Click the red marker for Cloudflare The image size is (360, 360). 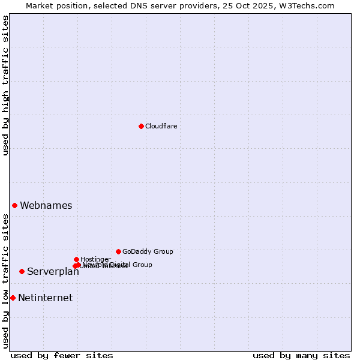tap(141, 126)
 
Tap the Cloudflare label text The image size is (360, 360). tap(161, 126)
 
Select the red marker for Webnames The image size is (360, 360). tap(15, 205)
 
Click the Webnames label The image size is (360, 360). tap(46, 205)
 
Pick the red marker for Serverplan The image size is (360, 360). tap(22, 271)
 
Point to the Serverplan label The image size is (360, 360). tap(53, 271)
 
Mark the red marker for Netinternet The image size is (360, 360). tap(13, 298)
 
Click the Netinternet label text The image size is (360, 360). tap(46, 298)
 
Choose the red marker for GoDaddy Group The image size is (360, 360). tap(118, 251)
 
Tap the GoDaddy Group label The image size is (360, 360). tap(148, 251)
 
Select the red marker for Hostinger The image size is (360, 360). tap(76, 259)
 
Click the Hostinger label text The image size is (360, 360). tap(95, 259)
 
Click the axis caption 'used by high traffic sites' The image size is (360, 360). tap(6, 85)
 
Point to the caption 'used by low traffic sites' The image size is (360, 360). tap(6, 281)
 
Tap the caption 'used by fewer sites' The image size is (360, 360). tap(62, 355)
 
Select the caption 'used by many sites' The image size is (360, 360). tap(301, 355)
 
